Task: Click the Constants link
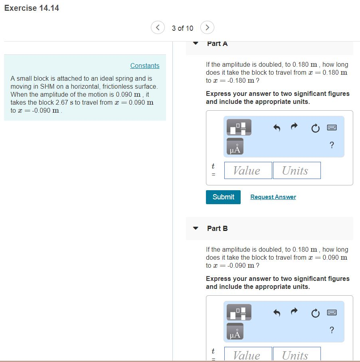tap(144, 66)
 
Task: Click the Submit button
tap(223, 197)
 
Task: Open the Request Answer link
tap(273, 197)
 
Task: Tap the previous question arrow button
tap(158, 28)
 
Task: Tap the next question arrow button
tap(207, 28)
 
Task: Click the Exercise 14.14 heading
tap(32, 8)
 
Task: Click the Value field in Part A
tap(248, 171)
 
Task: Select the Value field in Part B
tap(248, 355)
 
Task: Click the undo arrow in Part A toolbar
tap(276, 127)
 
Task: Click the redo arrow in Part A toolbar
tap(294, 127)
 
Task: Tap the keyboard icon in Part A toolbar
tap(332, 127)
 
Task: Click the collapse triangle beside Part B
tap(196, 229)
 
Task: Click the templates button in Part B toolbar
tap(239, 312)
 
